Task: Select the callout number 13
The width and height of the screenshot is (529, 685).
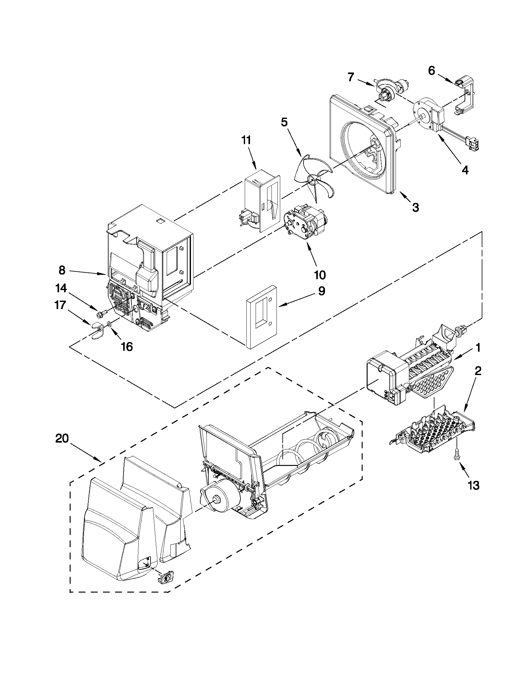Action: click(x=474, y=486)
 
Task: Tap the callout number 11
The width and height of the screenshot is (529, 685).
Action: click(x=246, y=140)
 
